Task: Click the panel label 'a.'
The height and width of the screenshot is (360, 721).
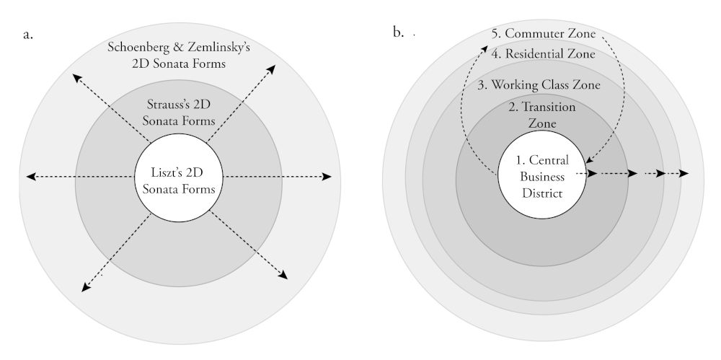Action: (x=28, y=34)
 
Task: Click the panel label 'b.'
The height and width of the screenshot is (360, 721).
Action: (x=398, y=33)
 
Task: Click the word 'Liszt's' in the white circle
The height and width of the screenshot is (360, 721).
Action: (x=162, y=173)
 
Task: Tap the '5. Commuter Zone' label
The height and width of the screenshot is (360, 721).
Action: (x=541, y=34)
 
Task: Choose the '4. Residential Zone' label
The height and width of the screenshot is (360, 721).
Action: (x=543, y=54)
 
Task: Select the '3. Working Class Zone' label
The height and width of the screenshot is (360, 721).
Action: (x=539, y=84)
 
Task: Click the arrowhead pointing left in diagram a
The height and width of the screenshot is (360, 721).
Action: (x=30, y=176)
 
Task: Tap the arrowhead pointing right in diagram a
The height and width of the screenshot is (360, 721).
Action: (x=328, y=176)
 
